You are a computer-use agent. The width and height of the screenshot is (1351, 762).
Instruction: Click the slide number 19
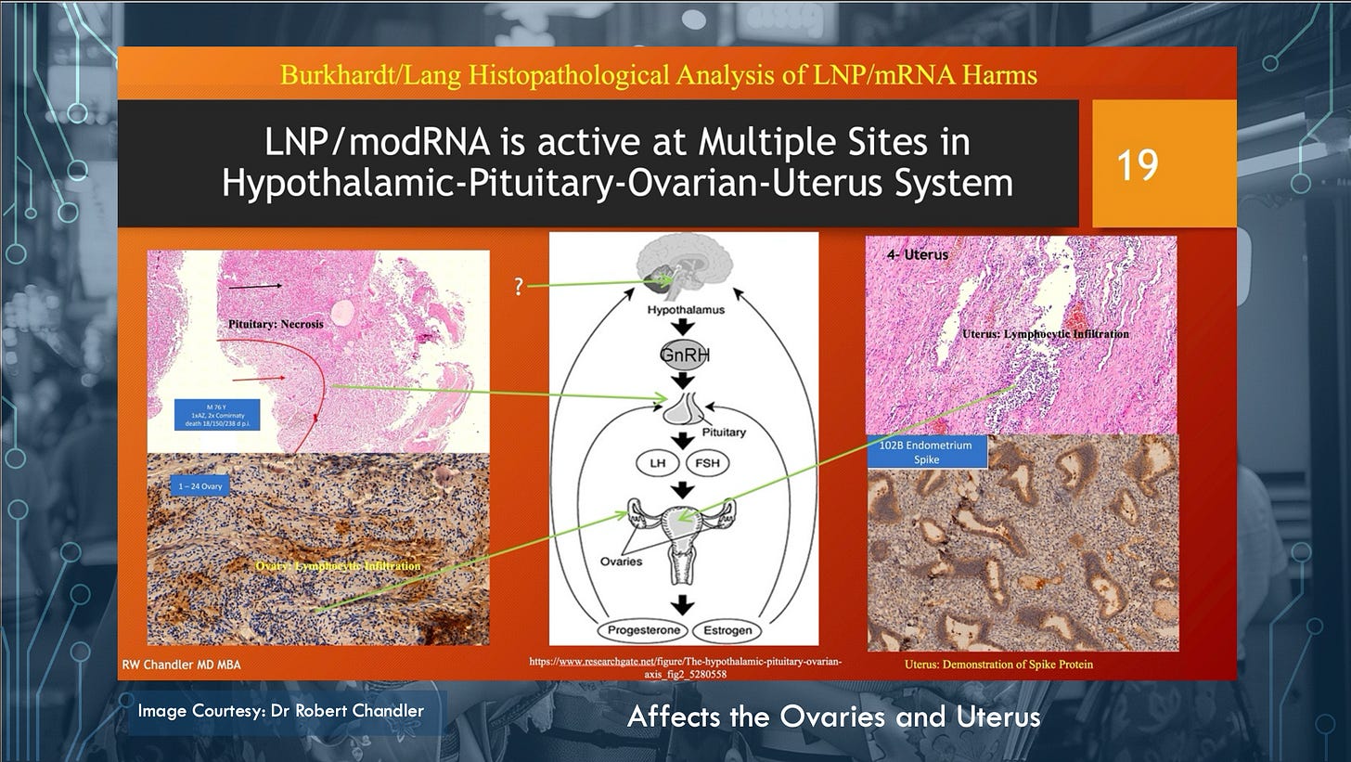pos(1138,164)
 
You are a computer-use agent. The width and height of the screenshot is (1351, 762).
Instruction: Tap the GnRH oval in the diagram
pos(685,356)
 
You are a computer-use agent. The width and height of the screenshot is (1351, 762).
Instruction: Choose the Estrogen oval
pos(727,631)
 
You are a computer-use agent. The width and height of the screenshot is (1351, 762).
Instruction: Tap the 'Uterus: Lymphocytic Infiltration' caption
pos(1045,333)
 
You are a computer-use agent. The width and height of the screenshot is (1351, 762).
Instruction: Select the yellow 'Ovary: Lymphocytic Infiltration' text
pos(338,565)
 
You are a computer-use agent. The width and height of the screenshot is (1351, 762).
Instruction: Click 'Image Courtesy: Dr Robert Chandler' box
pos(281,712)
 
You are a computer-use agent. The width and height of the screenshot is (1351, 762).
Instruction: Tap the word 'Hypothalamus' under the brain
pos(684,311)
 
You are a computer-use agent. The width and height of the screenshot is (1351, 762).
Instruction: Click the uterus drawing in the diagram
pos(684,538)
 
